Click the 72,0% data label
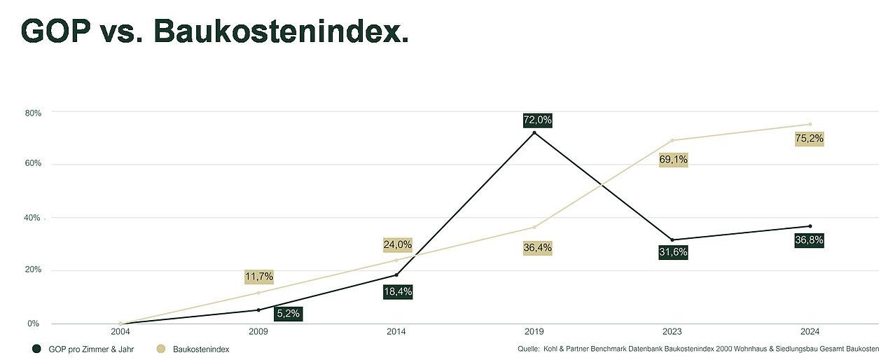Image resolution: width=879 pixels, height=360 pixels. point(538,120)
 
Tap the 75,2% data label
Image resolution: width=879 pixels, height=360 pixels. point(810,139)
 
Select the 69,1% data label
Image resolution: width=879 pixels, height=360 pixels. point(674,160)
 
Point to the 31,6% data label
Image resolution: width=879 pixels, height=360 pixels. point(673,253)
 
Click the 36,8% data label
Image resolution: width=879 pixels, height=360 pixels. point(809,241)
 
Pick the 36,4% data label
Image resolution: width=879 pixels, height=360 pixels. point(537,247)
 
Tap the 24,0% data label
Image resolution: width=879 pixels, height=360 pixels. point(397,245)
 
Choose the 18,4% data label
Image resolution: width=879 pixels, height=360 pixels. point(397,292)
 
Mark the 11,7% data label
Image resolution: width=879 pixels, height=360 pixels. point(258,277)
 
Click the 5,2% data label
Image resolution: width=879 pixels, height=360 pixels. point(288,314)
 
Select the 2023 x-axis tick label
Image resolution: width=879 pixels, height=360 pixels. point(672,331)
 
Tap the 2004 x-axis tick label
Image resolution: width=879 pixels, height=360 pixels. point(120,331)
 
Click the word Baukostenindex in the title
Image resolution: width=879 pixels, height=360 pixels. point(280,31)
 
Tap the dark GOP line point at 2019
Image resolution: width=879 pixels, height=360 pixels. point(534,133)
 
